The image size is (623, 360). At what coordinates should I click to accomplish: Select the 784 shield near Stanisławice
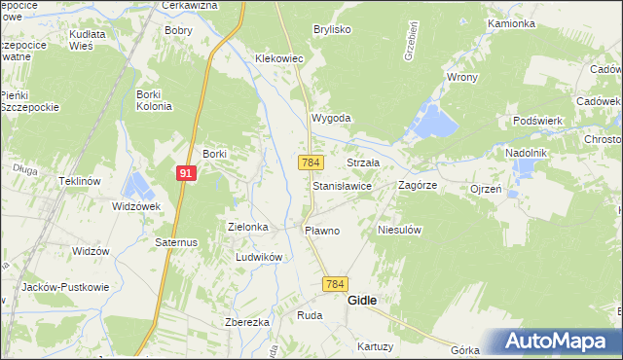[x=311, y=162]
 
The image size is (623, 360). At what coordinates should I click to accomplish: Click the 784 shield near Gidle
[x=335, y=283]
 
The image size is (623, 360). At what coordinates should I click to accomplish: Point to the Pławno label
[x=322, y=231]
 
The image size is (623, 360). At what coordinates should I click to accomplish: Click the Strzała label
[x=363, y=162]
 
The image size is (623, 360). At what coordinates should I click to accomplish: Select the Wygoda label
[x=330, y=118]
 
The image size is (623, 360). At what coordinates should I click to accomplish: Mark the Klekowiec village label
[x=279, y=59]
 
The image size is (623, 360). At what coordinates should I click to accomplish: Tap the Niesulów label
[x=398, y=231]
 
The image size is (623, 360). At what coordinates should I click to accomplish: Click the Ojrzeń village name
[x=485, y=189]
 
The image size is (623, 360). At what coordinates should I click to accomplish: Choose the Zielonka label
[x=247, y=226]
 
